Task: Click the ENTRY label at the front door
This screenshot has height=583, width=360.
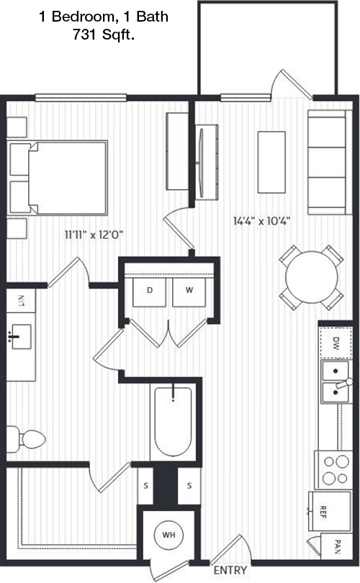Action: click(230, 570)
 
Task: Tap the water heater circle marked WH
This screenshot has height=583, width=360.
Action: click(168, 535)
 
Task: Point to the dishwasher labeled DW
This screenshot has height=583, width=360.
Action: click(336, 343)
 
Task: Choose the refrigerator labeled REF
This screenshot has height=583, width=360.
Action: click(329, 511)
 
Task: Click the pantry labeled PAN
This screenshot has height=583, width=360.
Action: click(336, 546)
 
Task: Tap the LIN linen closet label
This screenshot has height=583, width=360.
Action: click(21, 300)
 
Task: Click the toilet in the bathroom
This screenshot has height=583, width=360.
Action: click(26, 440)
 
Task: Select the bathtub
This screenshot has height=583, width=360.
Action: click(174, 421)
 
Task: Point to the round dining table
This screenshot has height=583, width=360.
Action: click(312, 277)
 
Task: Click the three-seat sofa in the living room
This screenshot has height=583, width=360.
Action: click(330, 162)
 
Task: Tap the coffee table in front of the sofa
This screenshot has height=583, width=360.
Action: click(271, 162)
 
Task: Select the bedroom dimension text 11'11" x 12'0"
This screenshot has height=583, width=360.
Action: click(94, 235)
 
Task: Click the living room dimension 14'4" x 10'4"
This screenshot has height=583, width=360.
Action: click(261, 221)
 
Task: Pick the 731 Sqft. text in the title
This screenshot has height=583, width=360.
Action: click(104, 35)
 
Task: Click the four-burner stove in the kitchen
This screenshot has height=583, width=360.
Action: click(333, 470)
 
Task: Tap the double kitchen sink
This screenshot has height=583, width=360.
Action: click(336, 381)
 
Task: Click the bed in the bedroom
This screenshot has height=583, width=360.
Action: click(58, 178)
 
